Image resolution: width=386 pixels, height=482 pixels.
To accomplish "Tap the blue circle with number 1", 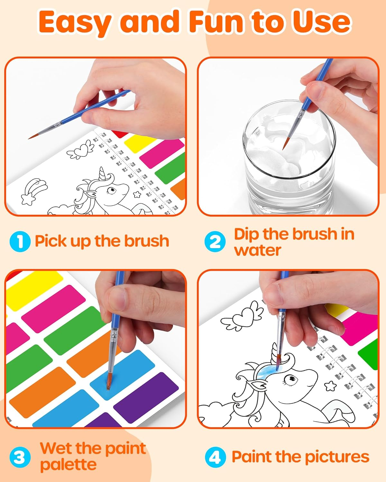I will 20,242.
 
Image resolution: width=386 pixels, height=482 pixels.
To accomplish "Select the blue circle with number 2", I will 215,242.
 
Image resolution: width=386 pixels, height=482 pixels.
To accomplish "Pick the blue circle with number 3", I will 20,457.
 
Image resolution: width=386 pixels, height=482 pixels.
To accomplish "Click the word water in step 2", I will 257,250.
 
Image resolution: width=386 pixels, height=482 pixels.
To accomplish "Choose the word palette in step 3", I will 68,465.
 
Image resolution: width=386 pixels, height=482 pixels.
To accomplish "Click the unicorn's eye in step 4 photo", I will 289,379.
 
